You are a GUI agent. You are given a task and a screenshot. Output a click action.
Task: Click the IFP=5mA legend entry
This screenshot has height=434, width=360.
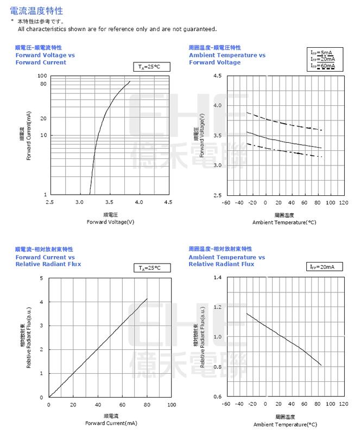coord(323,52)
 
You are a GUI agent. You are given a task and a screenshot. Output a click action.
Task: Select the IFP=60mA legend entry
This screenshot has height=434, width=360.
coord(323,66)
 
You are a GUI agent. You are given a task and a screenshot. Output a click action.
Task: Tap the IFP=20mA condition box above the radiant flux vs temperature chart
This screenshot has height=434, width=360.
coord(326,267)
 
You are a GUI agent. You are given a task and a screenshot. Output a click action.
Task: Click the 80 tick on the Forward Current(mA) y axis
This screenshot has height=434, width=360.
coord(43,84)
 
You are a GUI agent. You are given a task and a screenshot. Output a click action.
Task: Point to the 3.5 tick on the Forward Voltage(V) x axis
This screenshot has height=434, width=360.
coord(109,202)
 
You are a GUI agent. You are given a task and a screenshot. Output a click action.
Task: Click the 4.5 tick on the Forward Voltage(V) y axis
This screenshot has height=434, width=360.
coord(217,76)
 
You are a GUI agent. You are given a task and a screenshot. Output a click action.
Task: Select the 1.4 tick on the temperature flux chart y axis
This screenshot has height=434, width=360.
coord(217,278)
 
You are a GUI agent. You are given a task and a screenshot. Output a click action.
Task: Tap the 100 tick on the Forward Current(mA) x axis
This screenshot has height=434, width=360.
coord(172,405)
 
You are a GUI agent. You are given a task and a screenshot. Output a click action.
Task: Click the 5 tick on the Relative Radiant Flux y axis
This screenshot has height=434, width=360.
coord(42,278)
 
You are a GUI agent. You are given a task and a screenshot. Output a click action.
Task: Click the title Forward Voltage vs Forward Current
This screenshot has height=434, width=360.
coord(41,59)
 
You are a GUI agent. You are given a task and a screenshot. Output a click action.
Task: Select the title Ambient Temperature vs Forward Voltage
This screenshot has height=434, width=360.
coord(227,59)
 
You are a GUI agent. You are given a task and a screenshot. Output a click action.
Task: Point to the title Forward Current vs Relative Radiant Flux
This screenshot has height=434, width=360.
coord(48,260)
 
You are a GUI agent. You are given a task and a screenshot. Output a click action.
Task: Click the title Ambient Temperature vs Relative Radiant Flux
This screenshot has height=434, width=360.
coord(227,260)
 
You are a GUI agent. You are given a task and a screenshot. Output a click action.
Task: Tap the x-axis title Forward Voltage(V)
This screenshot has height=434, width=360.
coord(110,222)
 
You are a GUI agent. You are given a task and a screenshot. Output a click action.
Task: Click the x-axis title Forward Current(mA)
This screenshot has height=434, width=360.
coord(111,423)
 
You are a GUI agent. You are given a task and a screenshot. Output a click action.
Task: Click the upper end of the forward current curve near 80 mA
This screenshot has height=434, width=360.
coord(129,82)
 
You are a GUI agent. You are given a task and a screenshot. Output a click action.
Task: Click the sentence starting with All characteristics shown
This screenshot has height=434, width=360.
coord(117,29)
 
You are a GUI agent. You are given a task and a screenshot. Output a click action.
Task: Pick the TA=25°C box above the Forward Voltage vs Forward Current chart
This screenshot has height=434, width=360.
coord(151,67)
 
